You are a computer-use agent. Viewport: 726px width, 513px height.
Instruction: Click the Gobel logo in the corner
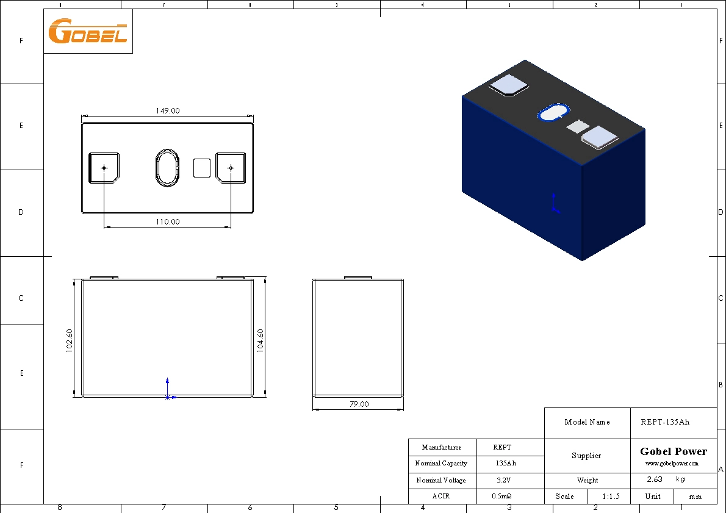click(88, 31)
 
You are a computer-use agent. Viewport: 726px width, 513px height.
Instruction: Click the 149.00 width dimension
click(167, 111)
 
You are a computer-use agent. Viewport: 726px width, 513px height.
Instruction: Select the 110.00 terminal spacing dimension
click(167, 222)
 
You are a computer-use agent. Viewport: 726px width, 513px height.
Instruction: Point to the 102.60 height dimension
click(70, 340)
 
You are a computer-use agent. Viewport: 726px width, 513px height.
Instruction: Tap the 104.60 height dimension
click(261, 340)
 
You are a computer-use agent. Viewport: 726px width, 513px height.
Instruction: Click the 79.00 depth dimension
click(359, 404)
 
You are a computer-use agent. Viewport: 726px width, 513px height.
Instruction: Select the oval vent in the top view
click(167, 167)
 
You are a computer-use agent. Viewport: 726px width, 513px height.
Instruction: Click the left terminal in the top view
click(104, 168)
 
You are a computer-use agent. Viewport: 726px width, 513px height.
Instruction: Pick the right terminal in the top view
click(231, 168)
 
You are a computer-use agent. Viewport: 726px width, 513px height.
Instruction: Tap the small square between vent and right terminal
click(202, 168)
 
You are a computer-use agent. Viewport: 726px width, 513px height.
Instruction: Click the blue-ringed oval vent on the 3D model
click(553, 113)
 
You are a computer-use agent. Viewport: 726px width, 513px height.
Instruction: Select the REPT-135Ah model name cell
click(673, 422)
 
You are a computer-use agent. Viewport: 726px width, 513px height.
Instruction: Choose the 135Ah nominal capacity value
click(506, 464)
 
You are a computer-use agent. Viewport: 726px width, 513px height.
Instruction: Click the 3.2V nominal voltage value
click(506, 481)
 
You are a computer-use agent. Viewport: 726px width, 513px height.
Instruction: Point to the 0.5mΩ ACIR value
click(506, 497)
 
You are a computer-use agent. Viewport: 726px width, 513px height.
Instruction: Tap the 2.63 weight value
click(654, 479)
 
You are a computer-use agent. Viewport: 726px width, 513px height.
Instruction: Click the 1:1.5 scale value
click(611, 497)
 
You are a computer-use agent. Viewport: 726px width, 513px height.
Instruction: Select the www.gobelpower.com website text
click(672, 464)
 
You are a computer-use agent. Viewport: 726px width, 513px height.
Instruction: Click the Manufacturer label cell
click(442, 448)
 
